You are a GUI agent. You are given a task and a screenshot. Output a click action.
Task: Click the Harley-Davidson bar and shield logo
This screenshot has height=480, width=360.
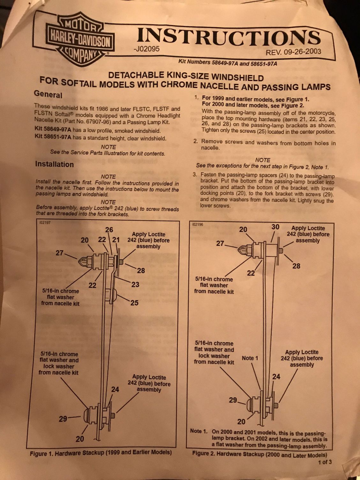point(79,39)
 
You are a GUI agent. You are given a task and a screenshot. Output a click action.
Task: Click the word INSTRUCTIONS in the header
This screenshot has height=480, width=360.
point(229,37)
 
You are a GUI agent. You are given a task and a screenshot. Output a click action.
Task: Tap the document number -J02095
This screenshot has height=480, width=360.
point(146,49)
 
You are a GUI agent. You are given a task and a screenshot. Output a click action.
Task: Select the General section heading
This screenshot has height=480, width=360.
point(48,95)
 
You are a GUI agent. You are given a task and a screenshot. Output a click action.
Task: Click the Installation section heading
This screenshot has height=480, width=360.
point(55,164)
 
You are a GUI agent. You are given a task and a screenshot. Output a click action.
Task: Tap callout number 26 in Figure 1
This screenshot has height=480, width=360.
point(109,229)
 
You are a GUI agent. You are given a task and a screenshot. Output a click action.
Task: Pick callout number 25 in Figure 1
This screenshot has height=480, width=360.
point(135,303)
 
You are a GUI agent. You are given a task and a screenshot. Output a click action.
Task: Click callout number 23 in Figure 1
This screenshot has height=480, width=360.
point(135,284)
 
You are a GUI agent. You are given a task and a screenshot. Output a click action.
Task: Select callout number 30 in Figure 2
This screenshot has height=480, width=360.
point(276,227)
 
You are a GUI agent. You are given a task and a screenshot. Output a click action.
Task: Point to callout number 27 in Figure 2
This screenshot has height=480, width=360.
point(221,244)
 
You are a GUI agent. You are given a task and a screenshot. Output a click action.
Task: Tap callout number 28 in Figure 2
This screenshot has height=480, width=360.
point(296,266)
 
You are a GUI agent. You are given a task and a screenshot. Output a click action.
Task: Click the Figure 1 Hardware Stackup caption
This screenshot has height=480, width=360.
point(101,453)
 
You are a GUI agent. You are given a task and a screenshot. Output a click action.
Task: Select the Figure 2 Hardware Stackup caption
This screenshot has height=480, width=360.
point(260,454)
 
